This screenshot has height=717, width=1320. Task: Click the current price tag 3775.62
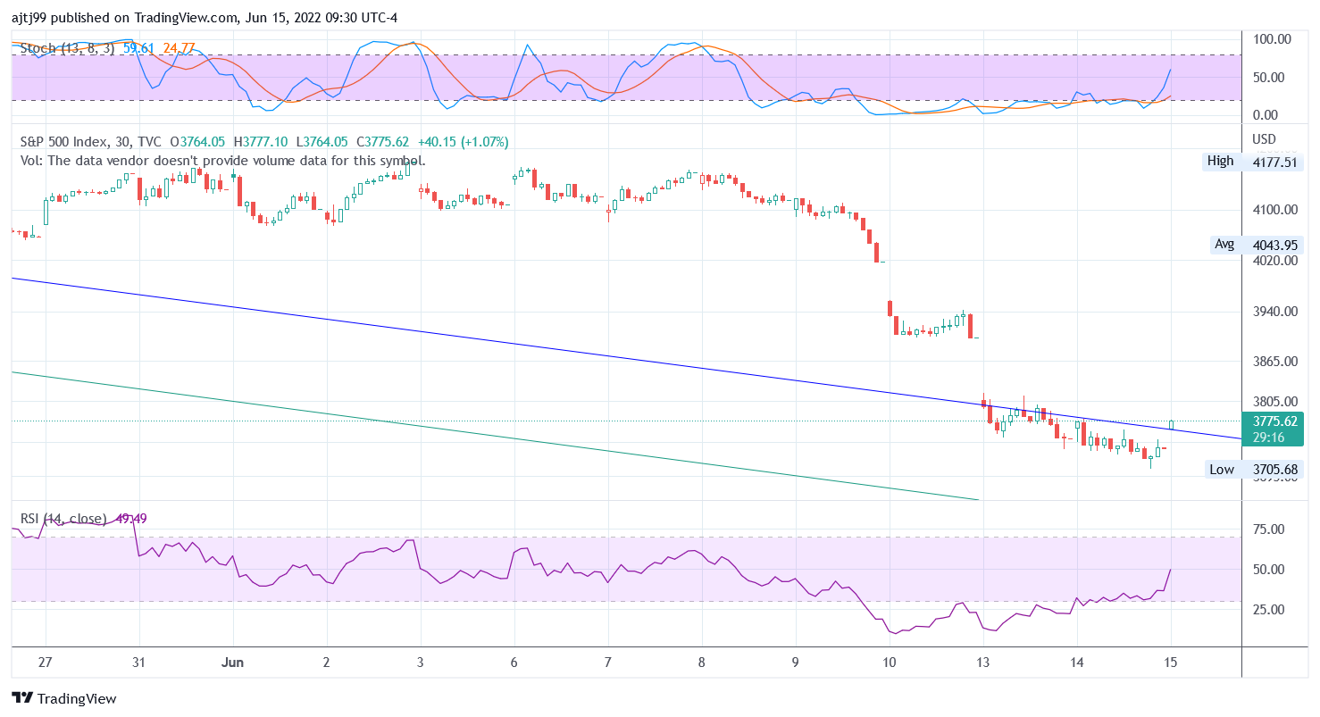pyautogui.click(x=1274, y=421)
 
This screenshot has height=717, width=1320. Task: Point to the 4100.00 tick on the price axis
pyautogui.click(x=1273, y=210)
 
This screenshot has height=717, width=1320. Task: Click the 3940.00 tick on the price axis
pyautogui.click(x=1273, y=312)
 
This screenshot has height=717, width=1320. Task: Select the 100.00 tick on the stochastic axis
pyautogui.click(x=1272, y=39)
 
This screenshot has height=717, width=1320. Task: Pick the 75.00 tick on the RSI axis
pyautogui.click(x=1268, y=529)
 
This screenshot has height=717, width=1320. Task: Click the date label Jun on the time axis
pyautogui.click(x=233, y=663)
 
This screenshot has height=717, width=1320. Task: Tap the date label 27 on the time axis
pyautogui.click(x=46, y=663)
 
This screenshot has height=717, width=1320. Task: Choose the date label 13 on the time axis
pyautogui.click(x=983, y=663)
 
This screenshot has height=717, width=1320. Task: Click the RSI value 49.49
pyautogui.click(x=131, y=519)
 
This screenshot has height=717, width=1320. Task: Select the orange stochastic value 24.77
pyautogui.click(x=179, y=48)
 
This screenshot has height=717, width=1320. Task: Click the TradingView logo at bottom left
pyautogui.click(x=64, y=698)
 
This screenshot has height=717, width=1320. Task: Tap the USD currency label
pyautogui.click(x=1265, y=139)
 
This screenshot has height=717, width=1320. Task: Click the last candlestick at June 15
pyautogui.click(x=1171, y=424)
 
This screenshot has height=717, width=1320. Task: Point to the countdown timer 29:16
pyautogui.click(x=1268, y=438)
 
